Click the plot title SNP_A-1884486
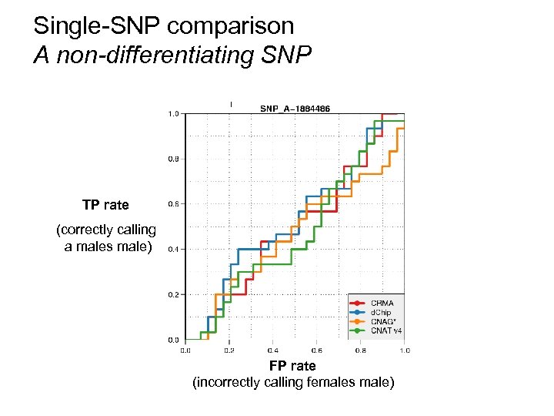pyautogui.click(x=295, y=109)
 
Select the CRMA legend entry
pyautogui.click(x=382, y=303)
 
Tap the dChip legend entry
pyautogui.click(x=382, y=312)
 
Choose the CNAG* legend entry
pyautogui.click(x=382, y=321)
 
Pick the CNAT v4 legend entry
pyautogui.click(x=386, y=330)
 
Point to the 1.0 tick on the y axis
pyautogui.click(x=174, y=114)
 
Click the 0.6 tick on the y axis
pyautogui.click(x=174, y=204)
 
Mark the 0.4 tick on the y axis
pyautogui.click(x=174, y=250)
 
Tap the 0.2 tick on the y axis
pyautogui.click(x=174, y=294)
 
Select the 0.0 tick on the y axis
pyautogui.click(x=174, y=340)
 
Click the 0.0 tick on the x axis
pyautogui.click(x=185, y=351)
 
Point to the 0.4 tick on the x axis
pyautogui.click(x=273, y=351)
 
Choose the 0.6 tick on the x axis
pyautogui.click(x=317, y=351)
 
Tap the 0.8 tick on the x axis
pyautogui.click(x=361, y=351)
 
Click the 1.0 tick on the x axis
pyautogui.click(x=404, y=351)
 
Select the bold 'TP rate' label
pyautogui.click(x=105, y=205)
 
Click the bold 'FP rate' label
pyautogui.click(x=292, y=365)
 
